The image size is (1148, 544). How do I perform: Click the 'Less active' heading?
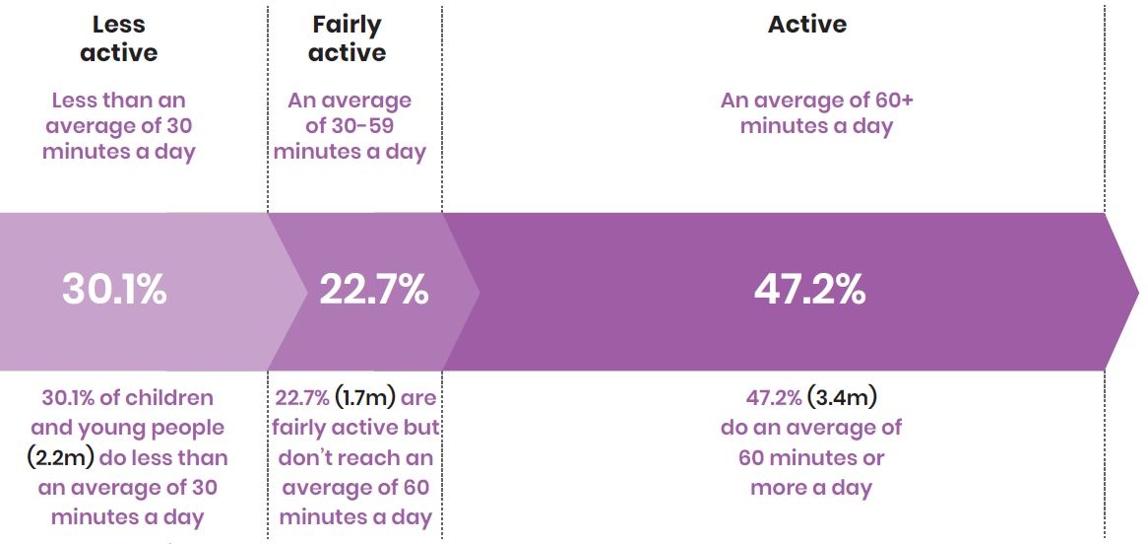pos(118,39)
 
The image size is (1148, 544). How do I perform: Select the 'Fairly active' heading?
pos(349,39)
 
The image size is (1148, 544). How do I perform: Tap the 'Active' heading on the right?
pos(807,26)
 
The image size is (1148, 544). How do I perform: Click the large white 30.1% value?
pos(114,291)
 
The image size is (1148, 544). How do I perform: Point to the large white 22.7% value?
pos(373,291)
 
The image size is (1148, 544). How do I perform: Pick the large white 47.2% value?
pos(809,291)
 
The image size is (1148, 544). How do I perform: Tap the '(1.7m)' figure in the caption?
pos(366,399)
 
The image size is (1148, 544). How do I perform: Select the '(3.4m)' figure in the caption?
pos(842,399)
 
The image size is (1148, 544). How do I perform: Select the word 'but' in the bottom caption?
pos(420,429)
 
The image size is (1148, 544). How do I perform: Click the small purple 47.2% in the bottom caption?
pos(773,399)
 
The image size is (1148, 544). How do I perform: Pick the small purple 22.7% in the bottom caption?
pos(302,399)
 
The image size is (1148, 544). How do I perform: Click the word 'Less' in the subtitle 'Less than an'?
pos(75,101)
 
